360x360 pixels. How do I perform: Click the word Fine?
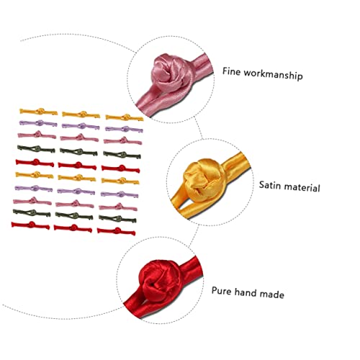click(x=231, y=71)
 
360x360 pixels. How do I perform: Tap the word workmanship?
click(x=273, y=74)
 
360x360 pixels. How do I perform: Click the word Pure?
click(x=221, y=291)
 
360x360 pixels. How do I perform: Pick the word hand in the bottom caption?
click(x=245, y=292)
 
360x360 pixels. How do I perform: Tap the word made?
click(x=271, y=294)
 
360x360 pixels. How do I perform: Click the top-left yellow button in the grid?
click(x=39, y=112)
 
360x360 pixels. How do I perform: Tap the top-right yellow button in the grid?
click(x=125, y=117)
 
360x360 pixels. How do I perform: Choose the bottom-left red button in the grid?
click(x=30, y=225)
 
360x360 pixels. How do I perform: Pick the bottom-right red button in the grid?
click(x=117, y=231)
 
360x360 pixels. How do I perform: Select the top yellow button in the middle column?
click(x=81, y=114)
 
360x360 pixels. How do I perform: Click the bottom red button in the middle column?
click(x=73, y=228)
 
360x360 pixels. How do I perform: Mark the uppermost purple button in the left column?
click(x=38, y=123)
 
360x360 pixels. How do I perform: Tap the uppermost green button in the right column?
click(x=122, y=155)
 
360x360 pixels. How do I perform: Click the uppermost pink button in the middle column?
click(x=79, y=138)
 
